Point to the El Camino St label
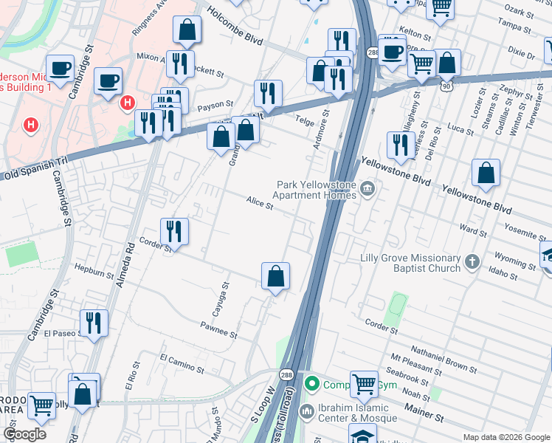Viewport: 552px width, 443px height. [182, 363]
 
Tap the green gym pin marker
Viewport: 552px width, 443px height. [312, 384]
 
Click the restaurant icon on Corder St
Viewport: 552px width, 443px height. [175, 231]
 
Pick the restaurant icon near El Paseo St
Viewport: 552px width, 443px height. [94, 323]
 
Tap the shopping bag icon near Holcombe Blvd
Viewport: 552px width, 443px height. [187, 30]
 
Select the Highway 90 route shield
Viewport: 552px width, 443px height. [446, 86]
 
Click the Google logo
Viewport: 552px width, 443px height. [24, 433]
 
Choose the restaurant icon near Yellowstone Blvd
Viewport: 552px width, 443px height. [400, 145]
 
